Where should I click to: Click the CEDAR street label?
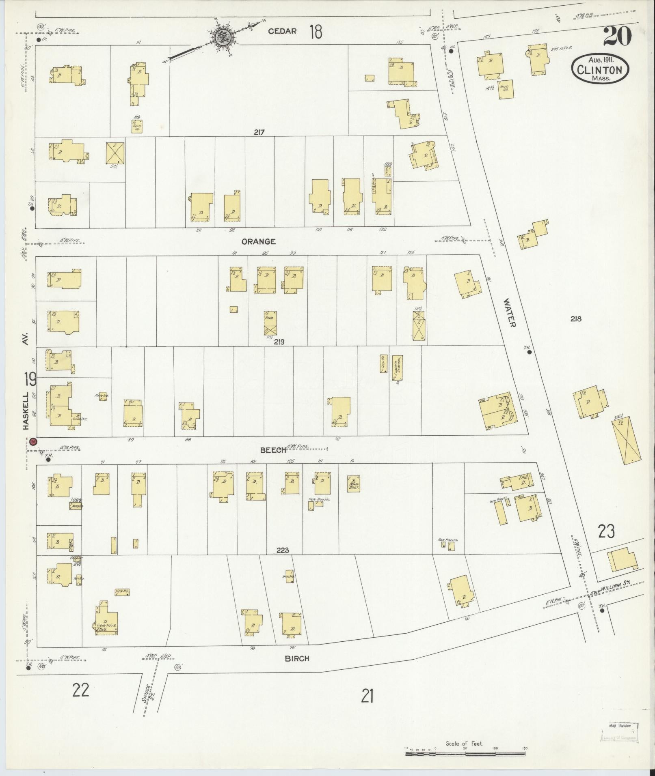click(x=282, y=31)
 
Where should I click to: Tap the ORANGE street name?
click(x=259, y=241)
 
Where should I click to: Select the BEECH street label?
click(x=273, y=450)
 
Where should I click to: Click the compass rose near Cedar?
click(x=222, y=37)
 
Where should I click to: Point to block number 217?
click(x=259, y=132)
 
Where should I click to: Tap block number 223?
click(x=282, y=550)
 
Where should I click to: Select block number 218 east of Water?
click(x=575, y=319)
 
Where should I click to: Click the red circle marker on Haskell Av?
click(x=34, y=441)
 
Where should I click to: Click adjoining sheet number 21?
click(x=367, y=697)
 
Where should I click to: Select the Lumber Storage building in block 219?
click(x=398, y=368)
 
